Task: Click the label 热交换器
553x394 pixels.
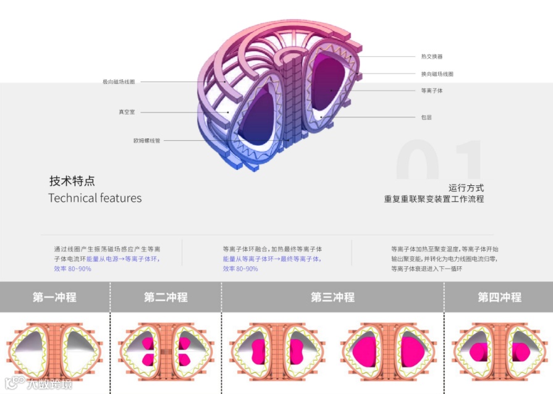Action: (432, 57)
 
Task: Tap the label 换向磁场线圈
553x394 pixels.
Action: (437, 74)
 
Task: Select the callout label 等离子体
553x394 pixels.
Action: (432, 91)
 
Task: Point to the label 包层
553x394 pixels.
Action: (426, 117)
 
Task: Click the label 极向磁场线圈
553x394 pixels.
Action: (119, 82)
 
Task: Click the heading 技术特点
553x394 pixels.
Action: (72, 182)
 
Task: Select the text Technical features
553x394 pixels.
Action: (95, 198)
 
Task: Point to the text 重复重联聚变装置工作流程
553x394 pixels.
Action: (434, 199)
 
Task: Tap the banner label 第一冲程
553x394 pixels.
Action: (54, 297)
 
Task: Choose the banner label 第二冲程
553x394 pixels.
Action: (166, 297)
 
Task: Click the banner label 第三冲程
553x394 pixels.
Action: (332, 297)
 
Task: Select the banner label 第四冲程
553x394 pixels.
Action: (499, 297)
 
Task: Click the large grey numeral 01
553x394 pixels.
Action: (439, 162)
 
